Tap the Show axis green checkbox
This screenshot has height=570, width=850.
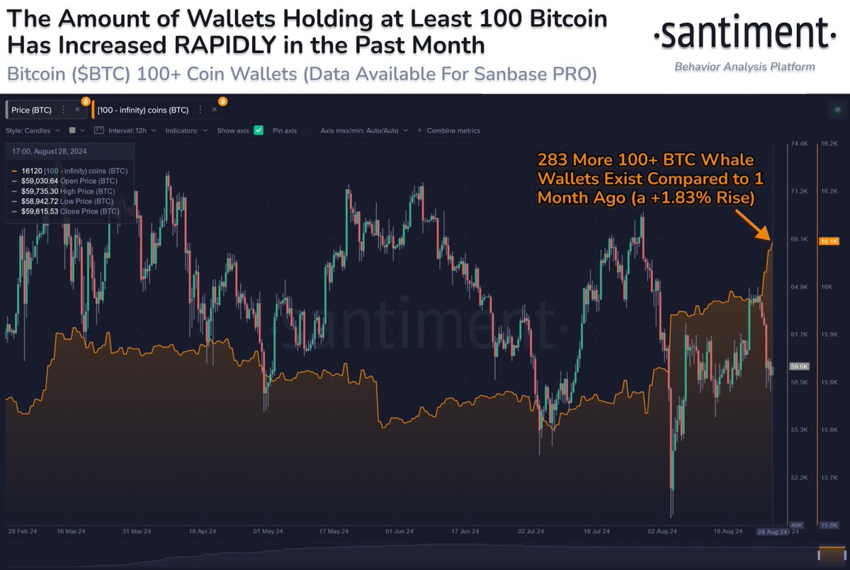point(259,130)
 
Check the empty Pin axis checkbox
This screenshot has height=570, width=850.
point(306,130)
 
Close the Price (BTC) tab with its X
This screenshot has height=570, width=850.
point(77,110)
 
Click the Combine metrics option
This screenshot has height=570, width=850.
point(453,130)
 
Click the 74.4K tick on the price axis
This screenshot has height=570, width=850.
point(799,143)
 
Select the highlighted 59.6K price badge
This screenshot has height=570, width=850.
point(798,366)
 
